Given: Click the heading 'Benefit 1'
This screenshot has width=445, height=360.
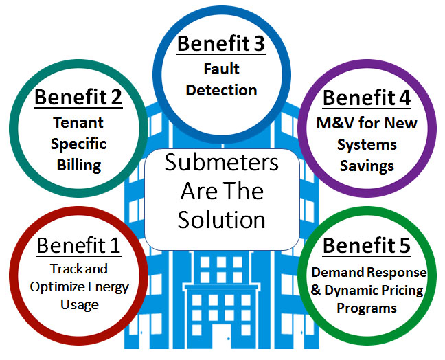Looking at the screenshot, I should (x=78, y=245).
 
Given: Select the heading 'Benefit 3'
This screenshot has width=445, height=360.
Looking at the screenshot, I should (x=220, y=43).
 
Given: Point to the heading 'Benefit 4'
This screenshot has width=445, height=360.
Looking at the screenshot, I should (x=366, y=97).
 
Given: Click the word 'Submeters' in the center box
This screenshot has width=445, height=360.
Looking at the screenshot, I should (x=220, y=164).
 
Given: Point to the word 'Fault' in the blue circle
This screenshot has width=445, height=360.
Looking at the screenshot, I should (x=220, y=69).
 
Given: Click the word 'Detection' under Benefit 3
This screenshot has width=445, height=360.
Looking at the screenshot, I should (x=220, y=89).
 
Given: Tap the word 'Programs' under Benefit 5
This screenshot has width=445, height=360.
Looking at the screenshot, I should (x=366, y=308).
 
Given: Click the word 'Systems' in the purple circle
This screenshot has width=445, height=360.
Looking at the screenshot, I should (x=366, y=144).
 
